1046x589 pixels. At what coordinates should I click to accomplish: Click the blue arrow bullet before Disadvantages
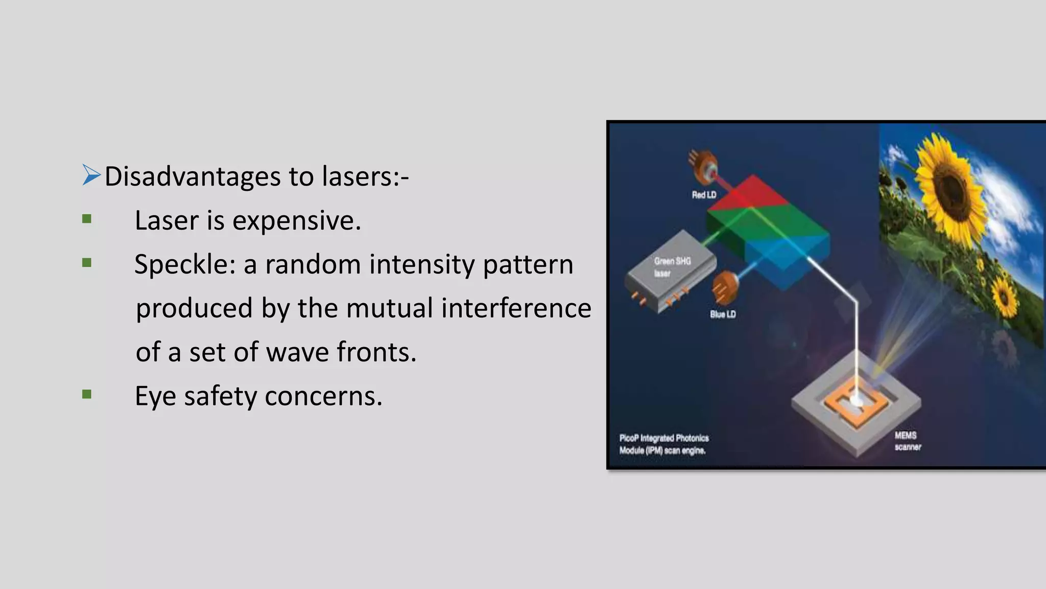(91, 175)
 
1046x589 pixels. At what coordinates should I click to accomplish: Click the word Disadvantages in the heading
(193, 176)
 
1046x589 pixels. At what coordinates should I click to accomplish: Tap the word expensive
(296, 221)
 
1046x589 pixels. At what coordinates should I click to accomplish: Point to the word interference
(516, 308)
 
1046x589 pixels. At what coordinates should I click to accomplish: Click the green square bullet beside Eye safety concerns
(87, 394)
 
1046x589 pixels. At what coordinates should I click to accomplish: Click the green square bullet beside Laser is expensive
(87, 219)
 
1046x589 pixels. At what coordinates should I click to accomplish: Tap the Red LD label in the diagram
(704, 195)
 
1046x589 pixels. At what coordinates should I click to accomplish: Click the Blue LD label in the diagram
(723, 314)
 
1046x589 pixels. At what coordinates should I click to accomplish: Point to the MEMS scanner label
(908, 441)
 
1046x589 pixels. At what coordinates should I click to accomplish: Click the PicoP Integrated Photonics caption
(663, 444)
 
